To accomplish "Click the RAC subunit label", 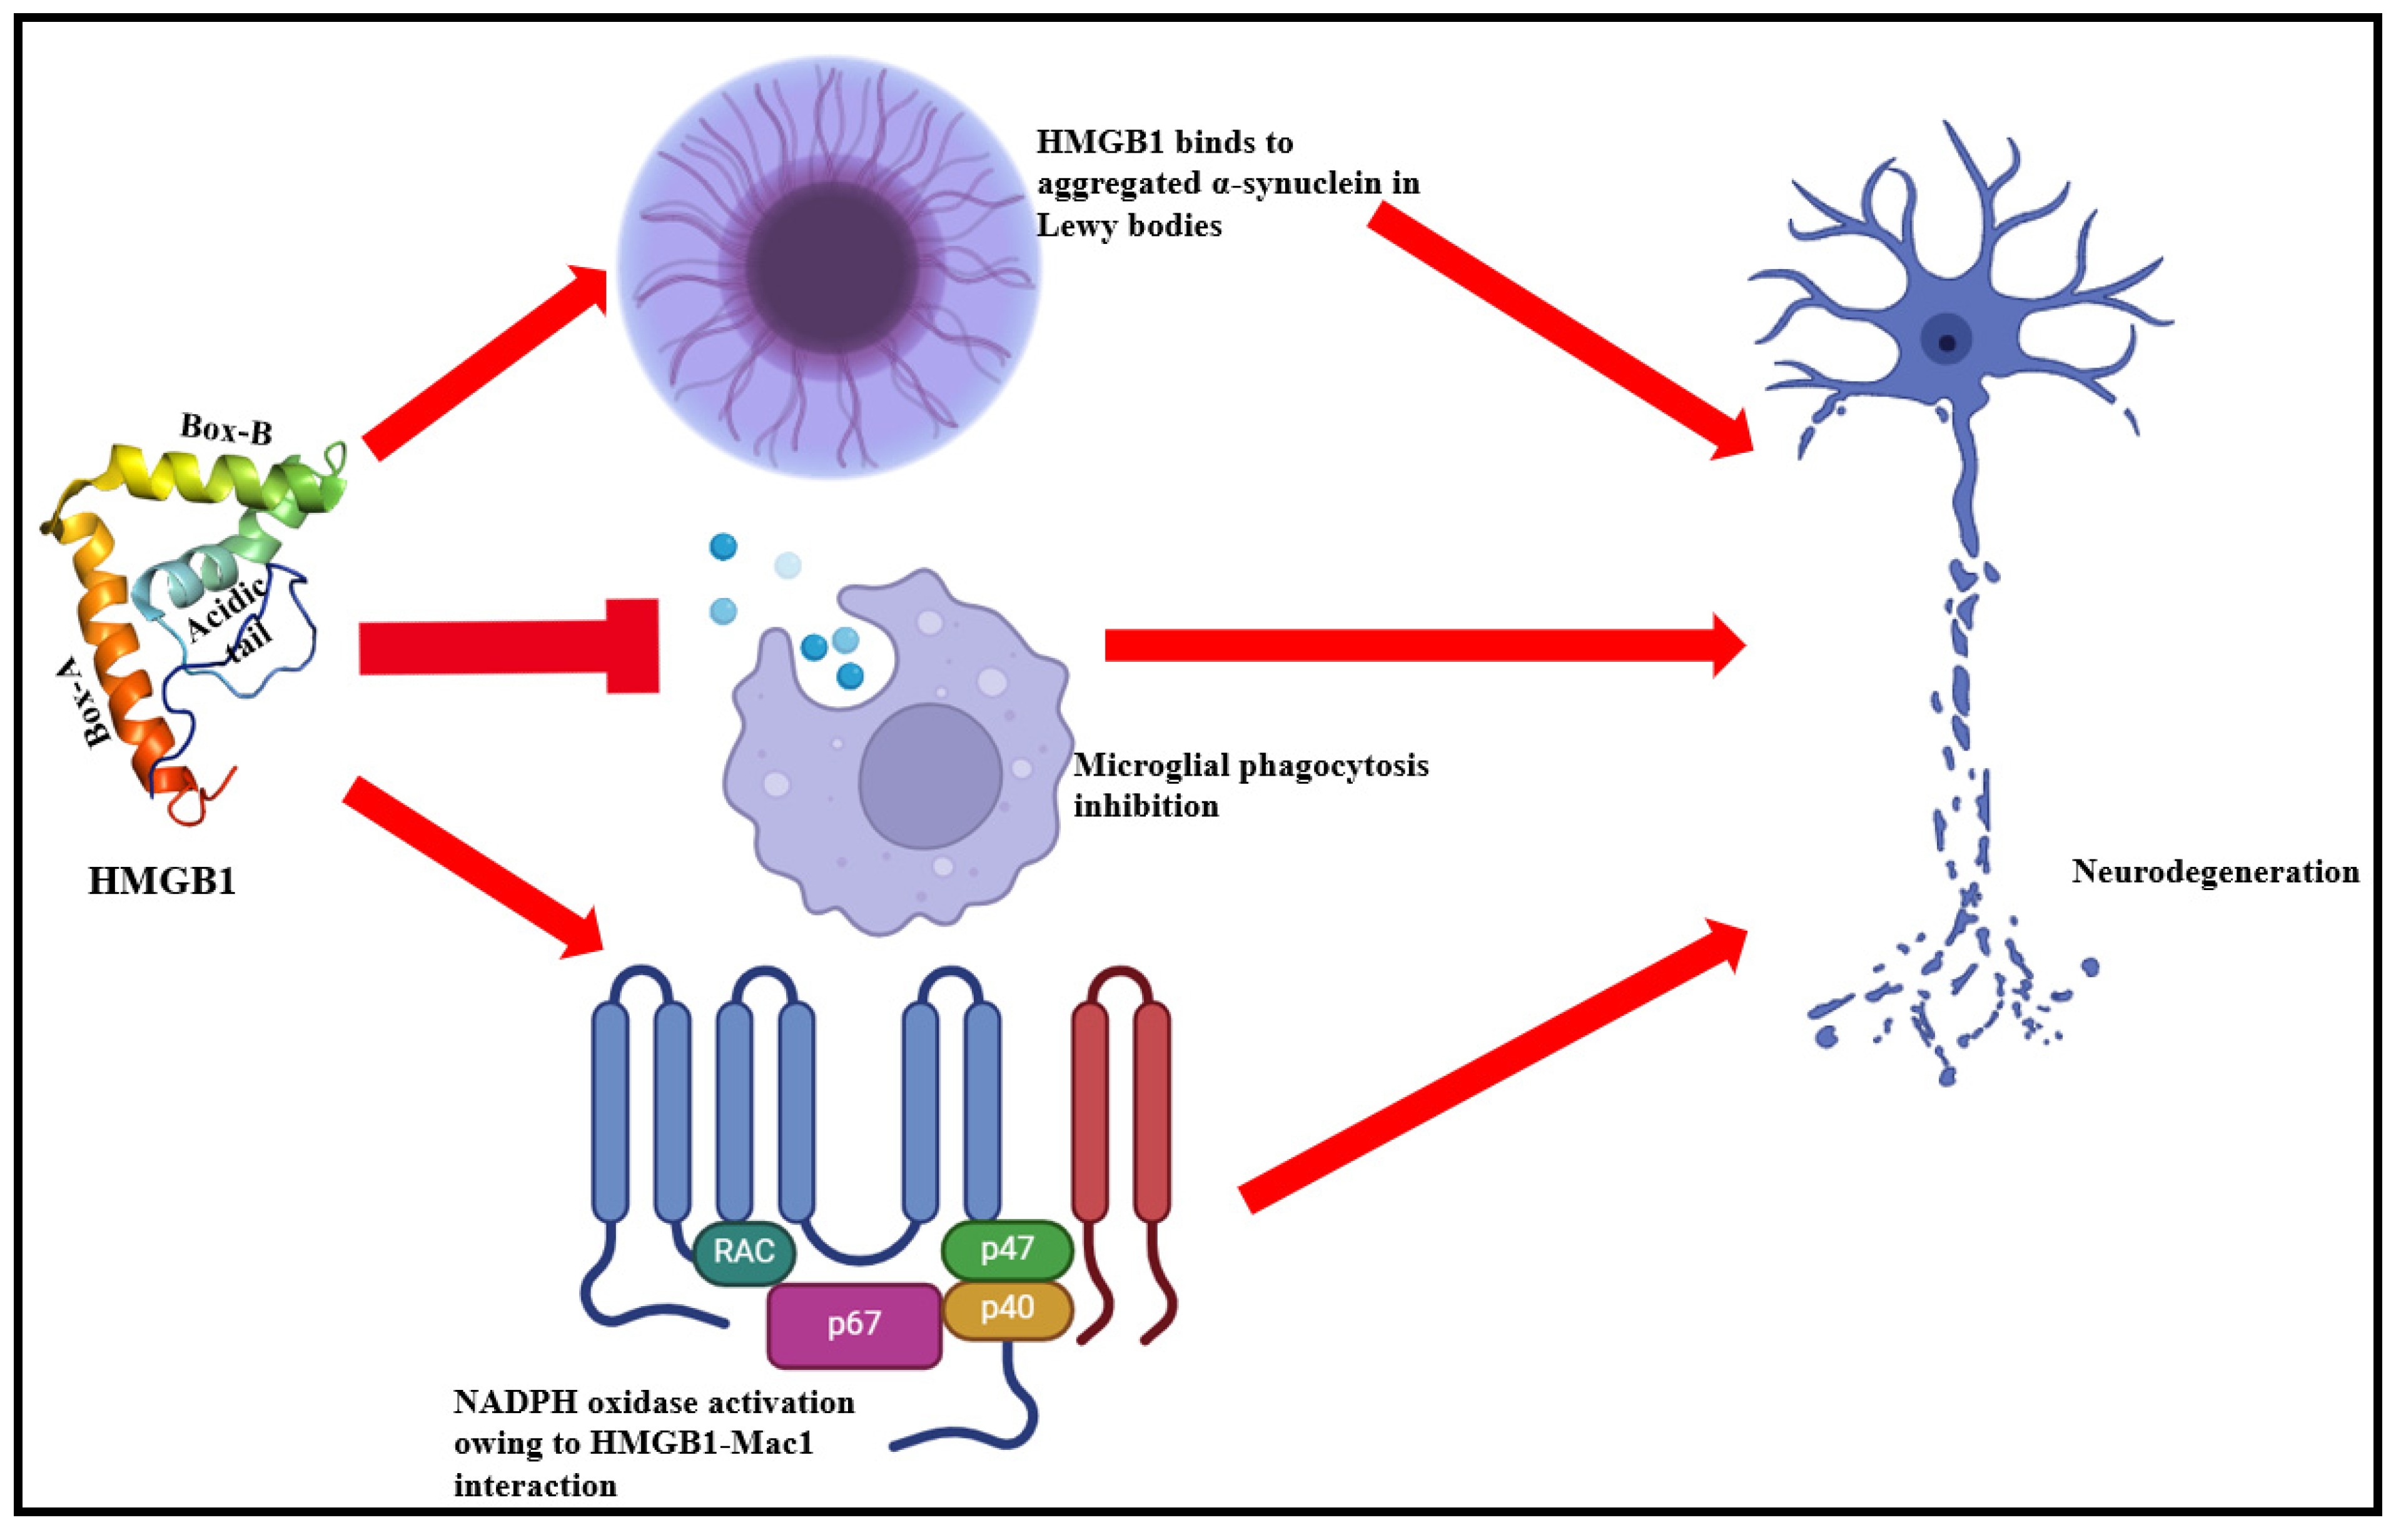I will tap(743, 1251).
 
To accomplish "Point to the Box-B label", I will tap(226, 429).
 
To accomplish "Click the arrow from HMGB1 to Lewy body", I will tap(487, 363).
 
